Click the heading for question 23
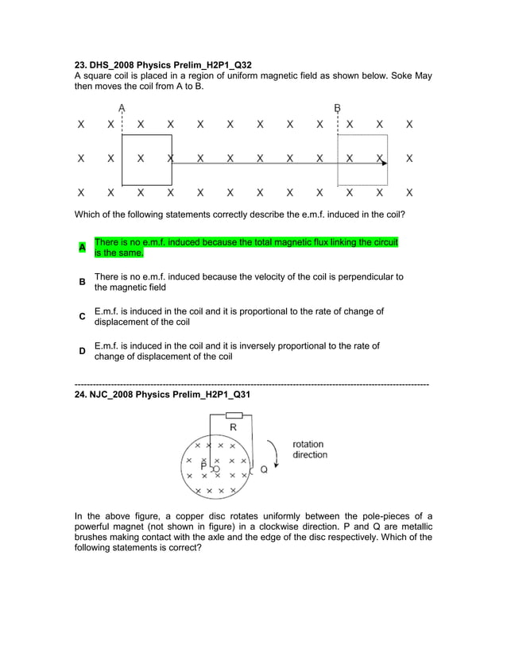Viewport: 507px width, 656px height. tap(163, 64)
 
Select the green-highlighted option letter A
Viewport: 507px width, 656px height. tap(81, 248)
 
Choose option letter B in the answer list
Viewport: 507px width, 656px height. tap(81, 283)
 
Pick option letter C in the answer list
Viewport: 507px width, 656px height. tap(81, 317)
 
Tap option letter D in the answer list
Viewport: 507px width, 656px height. tap(81, 351)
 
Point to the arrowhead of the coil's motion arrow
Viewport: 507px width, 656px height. tap(384, 163)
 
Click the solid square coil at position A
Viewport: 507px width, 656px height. tap(147, 160)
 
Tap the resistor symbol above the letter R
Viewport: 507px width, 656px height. tap(234, 415)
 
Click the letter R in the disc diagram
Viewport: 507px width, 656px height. tap(233, 427)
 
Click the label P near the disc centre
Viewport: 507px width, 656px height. tap(204, 467)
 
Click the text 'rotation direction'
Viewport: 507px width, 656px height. tap(309, 450)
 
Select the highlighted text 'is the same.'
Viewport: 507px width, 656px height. tap(119, 253)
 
